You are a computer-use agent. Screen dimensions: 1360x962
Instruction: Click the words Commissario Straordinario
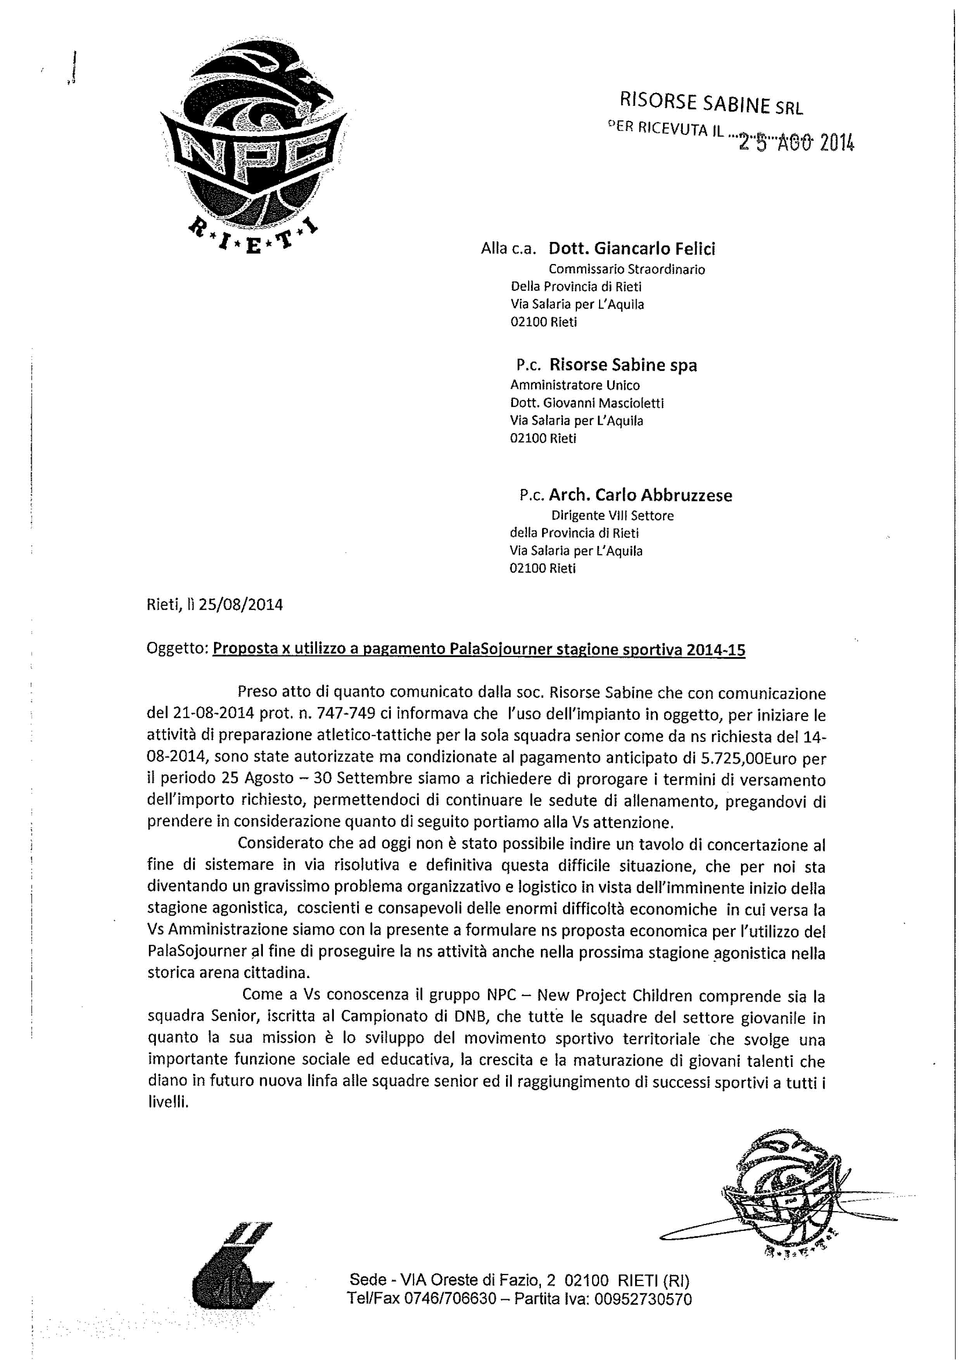(627, 269)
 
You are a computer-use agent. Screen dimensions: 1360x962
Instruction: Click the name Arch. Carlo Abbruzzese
(640, 495)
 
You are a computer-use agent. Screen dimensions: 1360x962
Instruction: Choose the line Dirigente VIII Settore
(613, 515)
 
